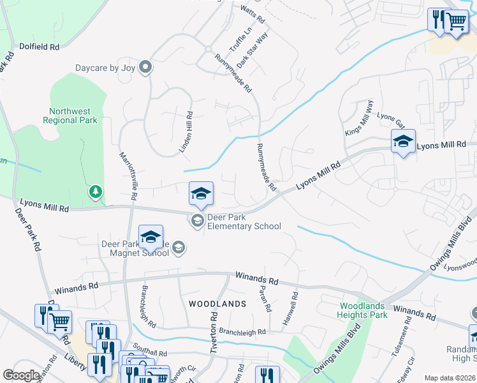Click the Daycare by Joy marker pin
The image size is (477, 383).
tap(146, 66)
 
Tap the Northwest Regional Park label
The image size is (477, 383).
tap(70, 115)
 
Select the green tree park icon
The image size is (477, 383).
tap(95, 191)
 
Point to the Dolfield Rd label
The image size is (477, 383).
tap(39, 47)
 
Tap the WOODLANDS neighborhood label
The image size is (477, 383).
tap(217, 304)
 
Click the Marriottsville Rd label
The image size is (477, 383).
tap(127, 176)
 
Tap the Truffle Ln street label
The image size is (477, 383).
tap(237, 39)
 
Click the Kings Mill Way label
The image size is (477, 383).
tap(358, 117)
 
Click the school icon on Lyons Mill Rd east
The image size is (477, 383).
tap(403, 143)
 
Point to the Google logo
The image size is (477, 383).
tap(21, 375)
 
